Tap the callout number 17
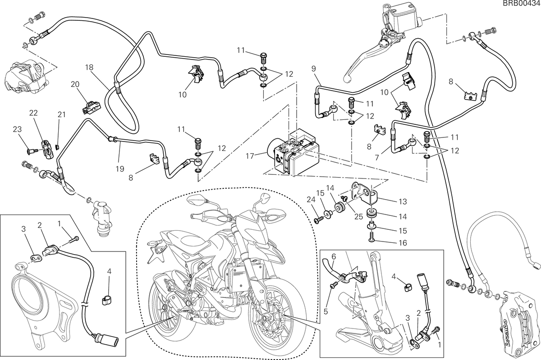(x=250, y=156)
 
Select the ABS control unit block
(x=293, y=152)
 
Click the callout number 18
(x=89, y=68)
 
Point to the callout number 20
(x=75, y=84)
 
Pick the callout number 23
(x=17, y=129)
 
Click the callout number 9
(x=313, y=69)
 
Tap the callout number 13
(x=403, y=201)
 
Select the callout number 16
(x=403, y=242)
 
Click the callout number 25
(x=359, y=217)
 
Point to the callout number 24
(x=312, y=200)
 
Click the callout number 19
(x=120, y=169)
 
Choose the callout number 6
(x=334, y=257)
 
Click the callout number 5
(x=326, y=311)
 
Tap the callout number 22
(x=33, y=113)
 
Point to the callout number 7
(x=377, y=157)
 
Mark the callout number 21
(x=62, y=114)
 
